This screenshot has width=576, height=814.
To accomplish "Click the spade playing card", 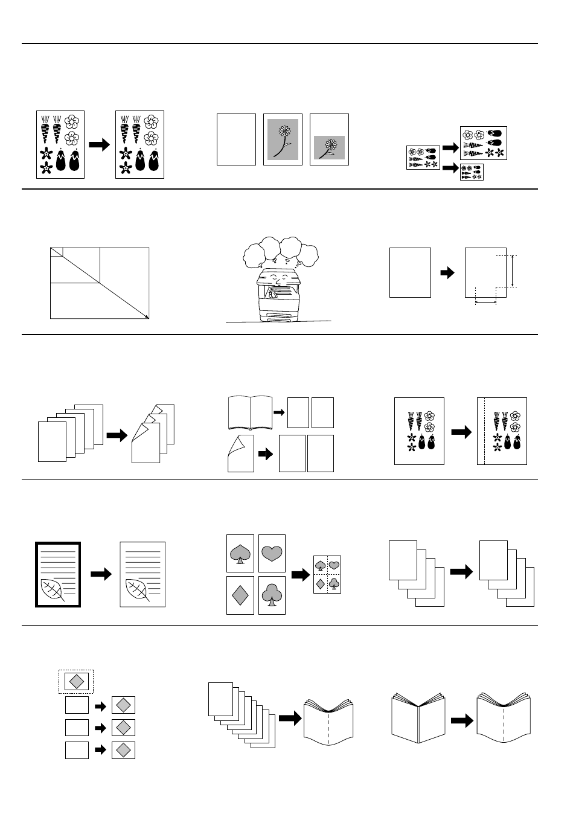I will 240,553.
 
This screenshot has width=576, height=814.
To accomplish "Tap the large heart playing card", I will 272,553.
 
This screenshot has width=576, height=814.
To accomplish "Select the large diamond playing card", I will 240,595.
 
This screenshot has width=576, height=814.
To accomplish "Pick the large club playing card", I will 272,595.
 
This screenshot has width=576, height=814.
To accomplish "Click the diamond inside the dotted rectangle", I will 77,681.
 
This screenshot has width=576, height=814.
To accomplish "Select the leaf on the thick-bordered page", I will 53,590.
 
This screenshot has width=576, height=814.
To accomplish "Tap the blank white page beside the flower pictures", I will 236,139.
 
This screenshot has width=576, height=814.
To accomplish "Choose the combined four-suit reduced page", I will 327,574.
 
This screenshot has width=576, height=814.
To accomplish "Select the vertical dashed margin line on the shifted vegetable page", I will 484,431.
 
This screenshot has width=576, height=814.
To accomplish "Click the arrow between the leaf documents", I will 101,574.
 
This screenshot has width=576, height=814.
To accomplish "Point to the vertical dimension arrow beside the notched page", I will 512,271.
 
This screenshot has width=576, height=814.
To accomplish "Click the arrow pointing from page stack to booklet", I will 290,718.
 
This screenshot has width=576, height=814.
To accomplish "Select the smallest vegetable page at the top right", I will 472,172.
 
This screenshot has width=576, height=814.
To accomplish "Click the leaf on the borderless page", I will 138,590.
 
